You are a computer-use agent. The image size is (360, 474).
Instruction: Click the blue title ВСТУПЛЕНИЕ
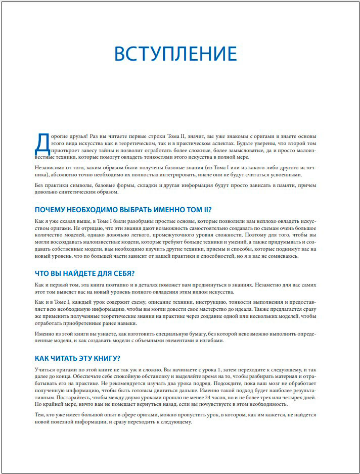click(175, 54)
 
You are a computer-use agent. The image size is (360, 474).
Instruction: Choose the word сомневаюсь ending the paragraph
click(282, 256)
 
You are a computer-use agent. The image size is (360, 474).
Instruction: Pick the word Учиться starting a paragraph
click(46, 369)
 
